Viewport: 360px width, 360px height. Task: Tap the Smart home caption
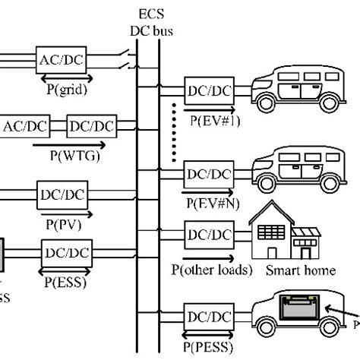[x=290, y=270]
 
